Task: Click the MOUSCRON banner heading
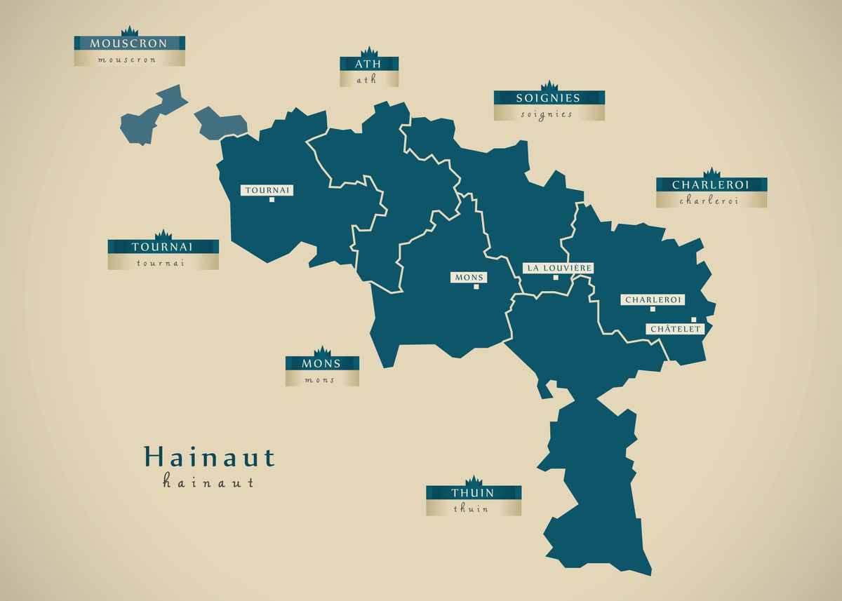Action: [x=129, y=43]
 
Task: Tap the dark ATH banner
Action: [x=369, y=64]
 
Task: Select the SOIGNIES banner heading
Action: [x=549, y=98]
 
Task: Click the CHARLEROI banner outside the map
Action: [x=711, y=185]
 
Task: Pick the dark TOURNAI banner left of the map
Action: [x=163, y=247]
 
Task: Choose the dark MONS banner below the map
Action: [x=321, y=363]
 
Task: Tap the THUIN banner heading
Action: [x=473, y=492]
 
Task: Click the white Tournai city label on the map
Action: [x=267, y=190]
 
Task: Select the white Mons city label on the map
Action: [x=469, y=278]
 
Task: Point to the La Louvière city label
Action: [x=559, y=268]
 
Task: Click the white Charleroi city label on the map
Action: [x=653, y=299]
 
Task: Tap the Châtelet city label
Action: [x=674, y=329]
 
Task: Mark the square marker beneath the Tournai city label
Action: [x=272, y=200]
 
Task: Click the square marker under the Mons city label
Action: [x=476, y=287]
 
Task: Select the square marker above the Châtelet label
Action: [x=694, y=320]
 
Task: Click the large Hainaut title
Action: [x=209, y=457]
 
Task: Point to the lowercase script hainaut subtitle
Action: [x=208, y=482]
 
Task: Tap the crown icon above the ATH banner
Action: [x=369, y=51]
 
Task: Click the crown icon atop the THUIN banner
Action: [x=474, y=480]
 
